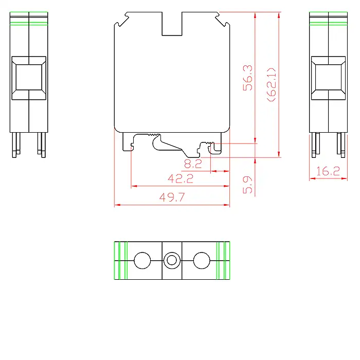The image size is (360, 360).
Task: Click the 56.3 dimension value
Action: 248,78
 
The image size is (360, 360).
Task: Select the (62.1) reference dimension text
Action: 272,84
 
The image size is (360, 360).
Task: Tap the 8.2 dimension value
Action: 193,164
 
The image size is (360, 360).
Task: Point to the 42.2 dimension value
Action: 181,178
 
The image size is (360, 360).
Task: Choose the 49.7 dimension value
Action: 172,197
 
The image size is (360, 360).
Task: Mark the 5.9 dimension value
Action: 248,185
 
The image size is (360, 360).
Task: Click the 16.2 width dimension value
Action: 328,171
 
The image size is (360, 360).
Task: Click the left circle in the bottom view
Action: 142,260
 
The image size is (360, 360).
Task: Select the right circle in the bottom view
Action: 202,260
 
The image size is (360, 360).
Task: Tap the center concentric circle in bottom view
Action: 172,260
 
